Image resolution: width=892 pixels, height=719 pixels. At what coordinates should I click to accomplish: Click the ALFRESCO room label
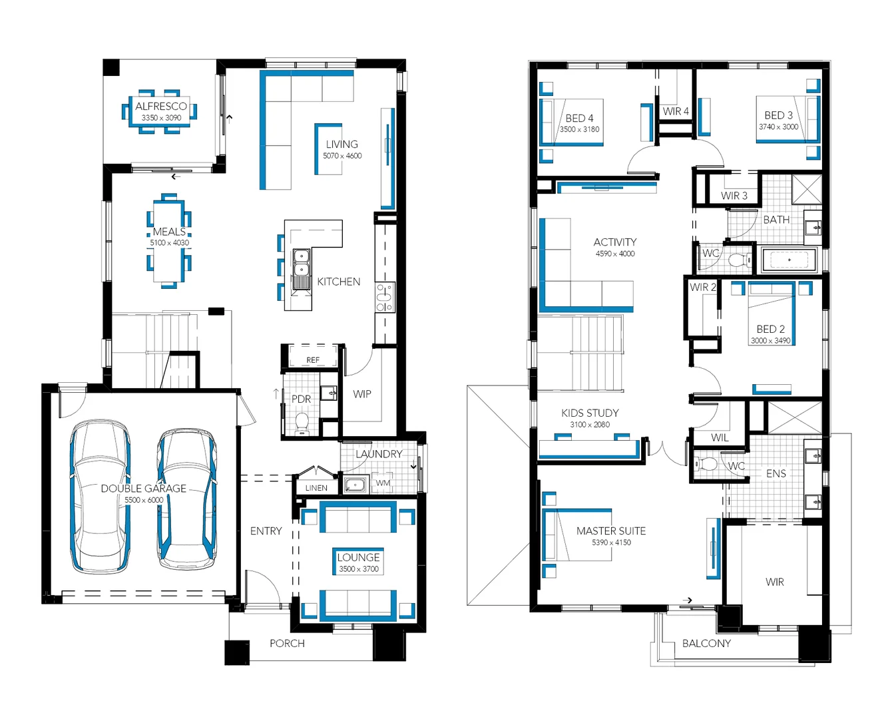pos(161,107)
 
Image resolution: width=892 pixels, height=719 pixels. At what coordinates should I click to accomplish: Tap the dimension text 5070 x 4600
pos(342,156)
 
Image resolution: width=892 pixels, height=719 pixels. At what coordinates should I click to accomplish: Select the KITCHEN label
pos(338,282)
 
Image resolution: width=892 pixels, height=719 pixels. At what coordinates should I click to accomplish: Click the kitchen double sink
pos(302,263)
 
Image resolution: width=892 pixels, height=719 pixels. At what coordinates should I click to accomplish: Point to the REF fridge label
pos(313,360)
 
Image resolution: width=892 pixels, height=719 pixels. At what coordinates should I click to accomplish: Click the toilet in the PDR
pos(302,421)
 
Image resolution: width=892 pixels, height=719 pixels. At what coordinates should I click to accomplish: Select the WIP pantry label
pos(362,394)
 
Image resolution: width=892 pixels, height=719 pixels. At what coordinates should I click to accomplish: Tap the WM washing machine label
pos(383,483)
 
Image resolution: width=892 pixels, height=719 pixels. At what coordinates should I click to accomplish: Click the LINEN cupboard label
pos(316,488)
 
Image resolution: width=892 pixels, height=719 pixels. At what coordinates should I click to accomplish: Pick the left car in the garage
pos(101,496)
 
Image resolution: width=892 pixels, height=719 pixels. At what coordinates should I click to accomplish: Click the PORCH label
pos(287,644)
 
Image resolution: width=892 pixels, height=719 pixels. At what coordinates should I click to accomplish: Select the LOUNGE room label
pos(358,557)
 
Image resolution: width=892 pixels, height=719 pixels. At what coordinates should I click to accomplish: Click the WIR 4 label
pos(676,111)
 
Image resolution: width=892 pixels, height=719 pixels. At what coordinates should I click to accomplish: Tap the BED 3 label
pos(778,115)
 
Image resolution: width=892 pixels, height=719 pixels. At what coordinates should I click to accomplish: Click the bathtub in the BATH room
pos(789,260)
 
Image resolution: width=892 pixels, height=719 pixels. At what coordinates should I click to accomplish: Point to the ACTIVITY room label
pos(615,242)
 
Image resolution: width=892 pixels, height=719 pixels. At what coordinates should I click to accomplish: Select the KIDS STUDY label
pos(590,413)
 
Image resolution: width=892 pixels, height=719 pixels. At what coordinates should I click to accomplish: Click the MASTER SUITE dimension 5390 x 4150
pos(611,543)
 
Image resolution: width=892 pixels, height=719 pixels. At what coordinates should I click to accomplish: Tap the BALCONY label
pos(706,644)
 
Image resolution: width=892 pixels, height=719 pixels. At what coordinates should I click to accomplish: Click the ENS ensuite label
pos(776,474)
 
